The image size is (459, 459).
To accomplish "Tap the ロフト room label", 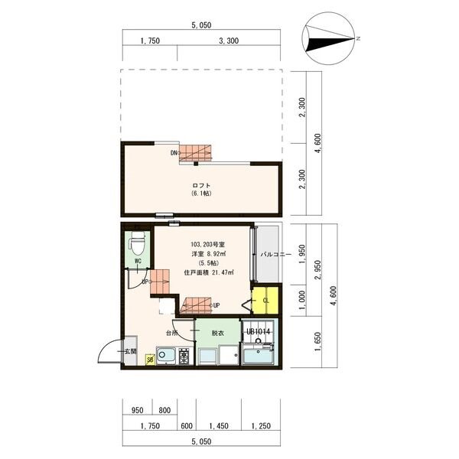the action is point(201,185).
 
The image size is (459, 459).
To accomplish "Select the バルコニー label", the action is point(276,254).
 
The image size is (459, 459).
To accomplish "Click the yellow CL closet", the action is point(265,301).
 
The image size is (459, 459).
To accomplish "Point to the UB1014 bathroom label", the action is point(259,332).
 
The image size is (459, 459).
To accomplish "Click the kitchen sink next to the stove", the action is point(166,356).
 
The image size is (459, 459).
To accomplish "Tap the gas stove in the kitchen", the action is point(184,356).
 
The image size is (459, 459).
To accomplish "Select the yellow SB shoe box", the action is point(150,360).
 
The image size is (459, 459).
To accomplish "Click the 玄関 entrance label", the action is point(131,351).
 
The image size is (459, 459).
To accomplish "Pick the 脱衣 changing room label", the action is point(218,333).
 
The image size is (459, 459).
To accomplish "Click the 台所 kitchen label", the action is point(172,333).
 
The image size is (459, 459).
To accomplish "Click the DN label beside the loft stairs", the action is point(174,152).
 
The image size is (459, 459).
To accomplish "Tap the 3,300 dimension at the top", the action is point(229,41).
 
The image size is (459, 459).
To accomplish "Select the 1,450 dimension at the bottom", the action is point(219,426).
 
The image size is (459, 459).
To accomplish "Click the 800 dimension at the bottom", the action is point(164,410).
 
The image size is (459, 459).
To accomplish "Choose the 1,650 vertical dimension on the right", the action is point(317,342).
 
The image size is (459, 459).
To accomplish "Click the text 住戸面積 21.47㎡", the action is point(209,272).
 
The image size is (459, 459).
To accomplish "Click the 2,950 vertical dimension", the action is point(317,269).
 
